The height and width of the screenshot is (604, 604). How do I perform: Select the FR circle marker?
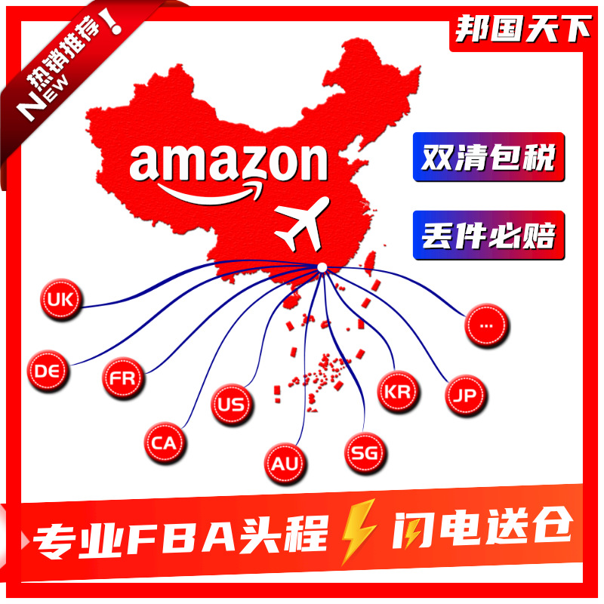click(122, 377)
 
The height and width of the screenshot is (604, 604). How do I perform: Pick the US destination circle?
click(230, 403)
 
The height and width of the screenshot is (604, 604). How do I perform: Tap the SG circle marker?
click(366, 453)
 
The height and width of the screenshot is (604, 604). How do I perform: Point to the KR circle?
click(397, 392)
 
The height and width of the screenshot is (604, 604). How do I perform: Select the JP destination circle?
click(464, 393)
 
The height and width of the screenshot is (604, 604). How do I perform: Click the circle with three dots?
click(486, 325)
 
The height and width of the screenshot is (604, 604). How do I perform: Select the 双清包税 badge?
click(488, 157)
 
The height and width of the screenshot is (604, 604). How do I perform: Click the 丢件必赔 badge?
click(488, 235)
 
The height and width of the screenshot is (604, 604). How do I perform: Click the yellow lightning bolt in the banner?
click(357, 530)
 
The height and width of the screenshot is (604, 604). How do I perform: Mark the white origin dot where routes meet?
click(322, 267)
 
